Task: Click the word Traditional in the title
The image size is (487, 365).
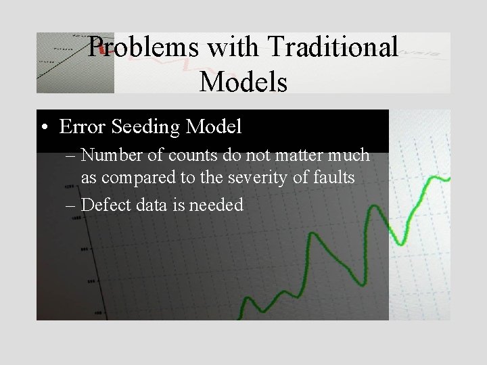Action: tap(331, 47)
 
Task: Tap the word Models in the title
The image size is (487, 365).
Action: tap(243, 82)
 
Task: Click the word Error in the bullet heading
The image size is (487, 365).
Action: tap(80, 126)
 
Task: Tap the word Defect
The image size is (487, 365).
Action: tap(105, 205)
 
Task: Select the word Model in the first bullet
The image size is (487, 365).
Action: tap(215, 126)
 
